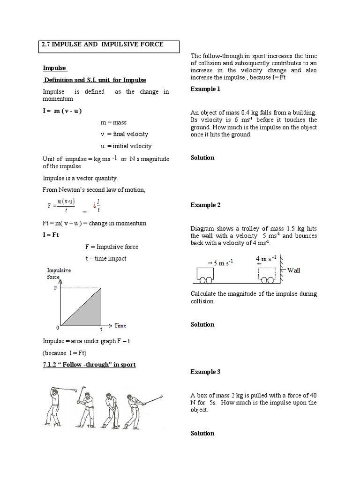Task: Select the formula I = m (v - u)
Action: (63, 111)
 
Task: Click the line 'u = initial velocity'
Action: (126, 146)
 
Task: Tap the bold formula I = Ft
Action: (51, 234)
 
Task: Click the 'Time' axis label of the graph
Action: (120, 325)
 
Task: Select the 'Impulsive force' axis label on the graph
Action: (59, 274)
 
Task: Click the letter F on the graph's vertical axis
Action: (56, 289)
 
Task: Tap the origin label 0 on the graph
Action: (57, 327)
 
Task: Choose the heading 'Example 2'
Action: (205, 205)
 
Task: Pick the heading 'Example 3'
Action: (205, 372)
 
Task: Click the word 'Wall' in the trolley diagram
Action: (294, 270)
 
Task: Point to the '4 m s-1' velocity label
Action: (266, 259)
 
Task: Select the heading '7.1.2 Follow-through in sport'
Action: (89, 364)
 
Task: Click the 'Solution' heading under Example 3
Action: (202, 434)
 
